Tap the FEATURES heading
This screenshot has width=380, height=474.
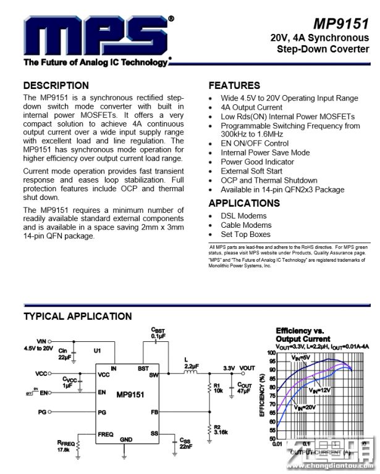tap(234, 86)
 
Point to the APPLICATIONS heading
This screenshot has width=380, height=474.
tap(244, 203)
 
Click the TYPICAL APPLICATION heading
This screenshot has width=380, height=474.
tap(77, 317)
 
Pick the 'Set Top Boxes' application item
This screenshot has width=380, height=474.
tap(245, 235)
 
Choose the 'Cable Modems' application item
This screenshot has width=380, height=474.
tap(246, 225)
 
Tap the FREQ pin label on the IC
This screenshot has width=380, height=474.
tap(105, 434)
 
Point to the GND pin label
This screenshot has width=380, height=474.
tap(126, 439)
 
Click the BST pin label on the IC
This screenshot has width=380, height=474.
tap(143, 368)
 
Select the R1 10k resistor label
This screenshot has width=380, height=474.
tap(218, 388)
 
